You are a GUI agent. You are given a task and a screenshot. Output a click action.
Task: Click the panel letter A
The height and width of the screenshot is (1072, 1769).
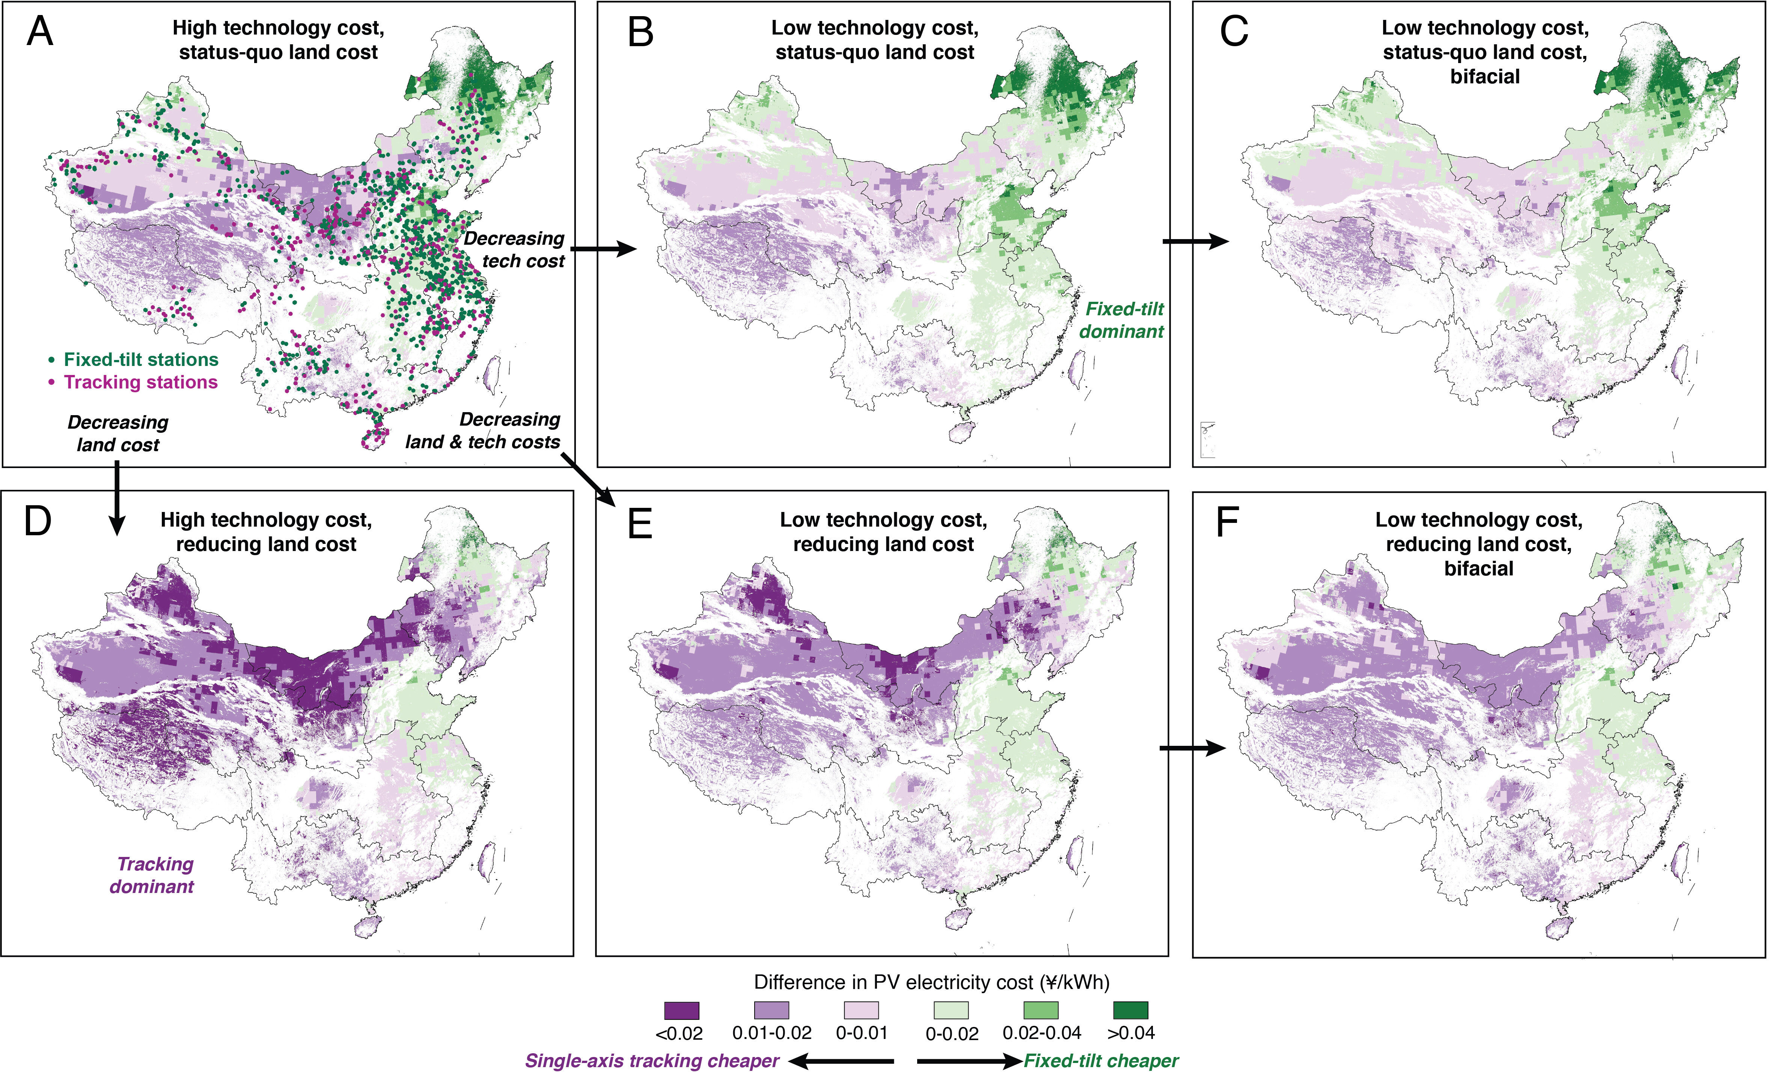pos(40,32)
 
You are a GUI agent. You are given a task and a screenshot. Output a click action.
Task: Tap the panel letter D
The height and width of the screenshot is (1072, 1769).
pos(38,521)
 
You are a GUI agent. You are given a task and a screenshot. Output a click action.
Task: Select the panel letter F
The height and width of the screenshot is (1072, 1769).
pos(1227,523)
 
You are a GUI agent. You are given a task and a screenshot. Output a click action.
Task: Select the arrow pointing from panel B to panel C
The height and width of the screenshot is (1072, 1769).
pos(1195,241)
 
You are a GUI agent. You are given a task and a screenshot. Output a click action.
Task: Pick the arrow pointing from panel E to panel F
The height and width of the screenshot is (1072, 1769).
pos(1192,748)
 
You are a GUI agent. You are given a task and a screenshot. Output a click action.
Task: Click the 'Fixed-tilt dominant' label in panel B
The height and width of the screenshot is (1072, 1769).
pos(1122,320)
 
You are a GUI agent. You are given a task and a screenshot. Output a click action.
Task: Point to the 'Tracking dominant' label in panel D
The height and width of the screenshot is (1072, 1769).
pos(152,875)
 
